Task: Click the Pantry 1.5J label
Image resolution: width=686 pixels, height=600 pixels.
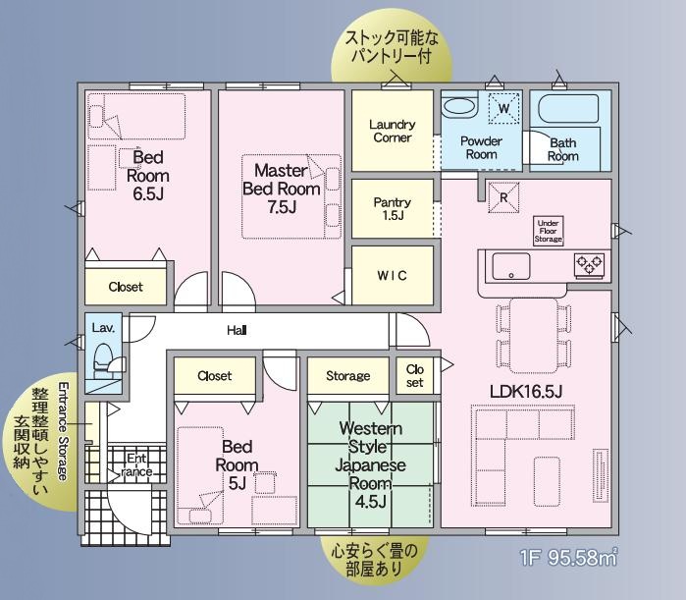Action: point(393,209)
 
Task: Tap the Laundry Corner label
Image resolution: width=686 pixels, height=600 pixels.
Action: point(393,131)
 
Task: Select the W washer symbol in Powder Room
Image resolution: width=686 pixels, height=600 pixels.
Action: point(504,109)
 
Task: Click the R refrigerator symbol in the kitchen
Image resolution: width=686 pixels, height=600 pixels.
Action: point(503,197)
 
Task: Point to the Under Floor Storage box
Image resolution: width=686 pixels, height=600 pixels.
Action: point(549,231)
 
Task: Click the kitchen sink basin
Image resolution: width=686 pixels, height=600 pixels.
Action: point(511,266)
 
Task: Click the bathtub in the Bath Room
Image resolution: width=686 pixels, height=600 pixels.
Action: point(568,109)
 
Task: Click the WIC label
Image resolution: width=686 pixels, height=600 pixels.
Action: point(392,275)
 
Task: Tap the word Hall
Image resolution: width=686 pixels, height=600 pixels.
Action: point(237,330)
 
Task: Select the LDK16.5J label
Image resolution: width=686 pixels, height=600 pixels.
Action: point(526,391)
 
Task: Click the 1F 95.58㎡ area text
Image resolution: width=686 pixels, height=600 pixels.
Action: point(569,557)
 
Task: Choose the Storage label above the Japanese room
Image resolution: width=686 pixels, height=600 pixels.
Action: point(347,375)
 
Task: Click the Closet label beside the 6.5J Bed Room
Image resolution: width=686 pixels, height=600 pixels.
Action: point(126,287)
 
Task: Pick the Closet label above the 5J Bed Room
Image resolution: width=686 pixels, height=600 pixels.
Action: point(214,375)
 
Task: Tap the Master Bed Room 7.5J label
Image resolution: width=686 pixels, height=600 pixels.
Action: point(282,189)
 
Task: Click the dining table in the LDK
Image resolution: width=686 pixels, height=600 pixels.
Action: point(534,336)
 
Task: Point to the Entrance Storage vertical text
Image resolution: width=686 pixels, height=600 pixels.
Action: point(64,431)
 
